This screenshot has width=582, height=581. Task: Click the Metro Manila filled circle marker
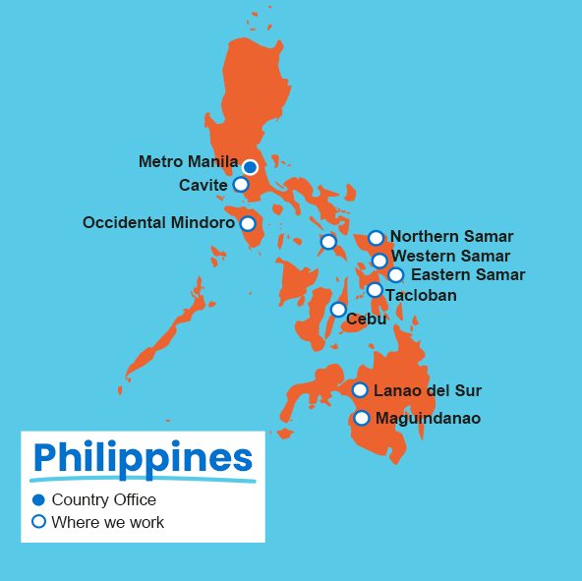[250, 167]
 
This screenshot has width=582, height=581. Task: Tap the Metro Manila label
[188, 161]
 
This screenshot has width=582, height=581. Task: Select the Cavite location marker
[241, 184]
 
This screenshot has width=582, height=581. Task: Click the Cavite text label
[204, 185]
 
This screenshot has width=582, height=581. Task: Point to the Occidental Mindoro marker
[248, 224]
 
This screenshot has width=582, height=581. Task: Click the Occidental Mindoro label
[158, 223]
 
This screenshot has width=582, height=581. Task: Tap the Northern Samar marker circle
[376, 238]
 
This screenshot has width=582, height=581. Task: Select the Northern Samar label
[451, 236]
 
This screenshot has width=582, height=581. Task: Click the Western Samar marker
[379, 261]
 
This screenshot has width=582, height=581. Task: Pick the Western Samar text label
[450, 256]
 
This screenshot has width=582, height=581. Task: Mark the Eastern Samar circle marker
[395, 275]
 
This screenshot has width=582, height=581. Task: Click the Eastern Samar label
[467, 274]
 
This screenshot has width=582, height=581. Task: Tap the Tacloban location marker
[375, 290]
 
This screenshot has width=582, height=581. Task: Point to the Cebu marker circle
[338, 310]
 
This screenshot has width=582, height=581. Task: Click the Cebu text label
[366, 319]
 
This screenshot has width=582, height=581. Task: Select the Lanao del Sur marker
[360, 390]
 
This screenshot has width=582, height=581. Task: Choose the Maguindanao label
[428, 418]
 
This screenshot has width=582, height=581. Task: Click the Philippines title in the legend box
[143, 458]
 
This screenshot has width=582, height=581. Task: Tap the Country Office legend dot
[39, 500]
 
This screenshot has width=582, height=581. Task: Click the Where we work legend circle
[39, 522]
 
